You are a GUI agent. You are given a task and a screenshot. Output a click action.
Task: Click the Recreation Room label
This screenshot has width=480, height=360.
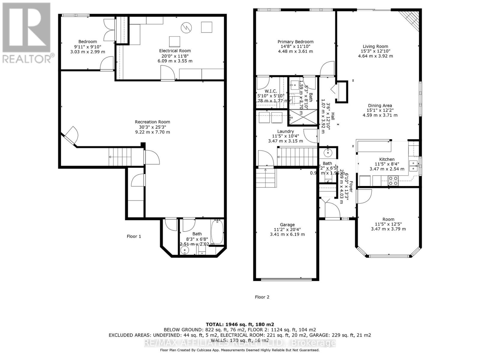tap(152, 122)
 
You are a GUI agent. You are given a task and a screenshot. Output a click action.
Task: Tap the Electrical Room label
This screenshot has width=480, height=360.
tap(175, 51)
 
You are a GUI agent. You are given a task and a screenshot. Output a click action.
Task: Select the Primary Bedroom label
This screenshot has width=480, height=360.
tap(295, 42)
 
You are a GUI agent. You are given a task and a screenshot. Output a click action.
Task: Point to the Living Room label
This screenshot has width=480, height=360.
tap(375, 46)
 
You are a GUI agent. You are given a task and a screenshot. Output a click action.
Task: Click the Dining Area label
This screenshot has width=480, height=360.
tap(380, 106)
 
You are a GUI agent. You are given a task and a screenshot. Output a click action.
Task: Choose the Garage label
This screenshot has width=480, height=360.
tap(287, 225)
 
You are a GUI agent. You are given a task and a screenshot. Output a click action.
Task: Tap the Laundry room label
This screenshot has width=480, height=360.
tap(285, 131)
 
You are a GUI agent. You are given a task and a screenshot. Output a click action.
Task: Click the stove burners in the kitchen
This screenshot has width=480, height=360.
tap(393, 181)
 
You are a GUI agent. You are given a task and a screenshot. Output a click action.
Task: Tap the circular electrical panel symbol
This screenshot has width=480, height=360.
tap(186, 28)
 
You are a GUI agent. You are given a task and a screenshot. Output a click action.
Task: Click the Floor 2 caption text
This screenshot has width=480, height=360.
tap(262, 297)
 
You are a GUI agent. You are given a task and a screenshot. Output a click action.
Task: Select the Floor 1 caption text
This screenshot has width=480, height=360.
tap(134, 236)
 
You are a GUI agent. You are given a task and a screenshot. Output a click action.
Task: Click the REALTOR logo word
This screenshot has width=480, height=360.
tap(28, 58)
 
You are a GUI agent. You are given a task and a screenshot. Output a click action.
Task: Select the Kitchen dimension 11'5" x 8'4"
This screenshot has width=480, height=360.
tap(387, 164)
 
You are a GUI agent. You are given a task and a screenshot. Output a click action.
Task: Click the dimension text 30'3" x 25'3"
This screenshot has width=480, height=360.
tap(152, 127)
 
